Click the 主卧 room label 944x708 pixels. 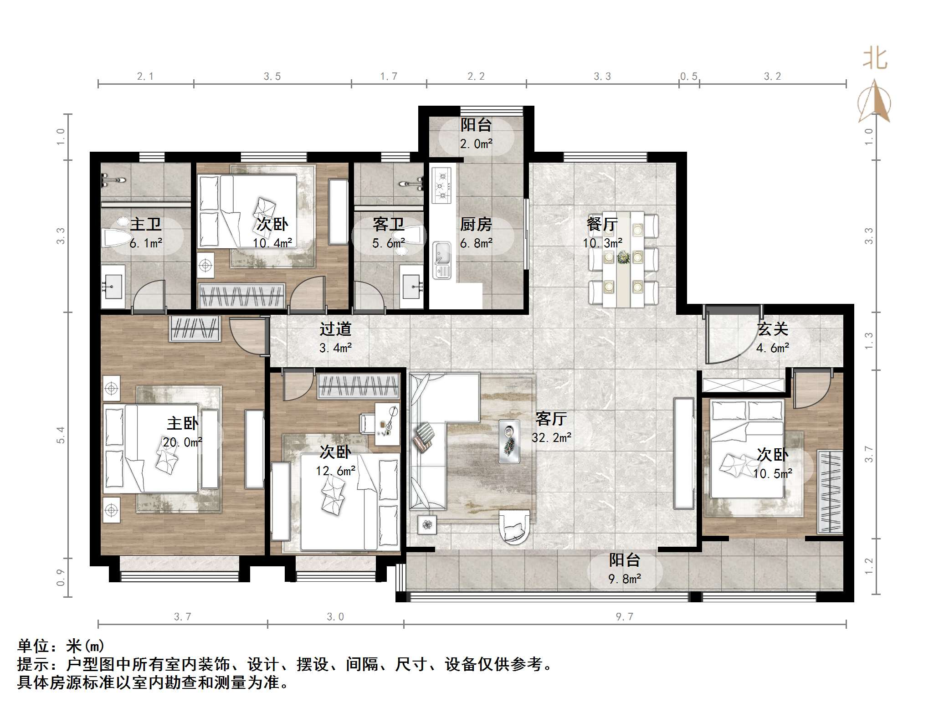pyautogui.click(x=182, y=424)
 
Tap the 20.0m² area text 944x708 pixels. pyautogui.click(x=182, y=442)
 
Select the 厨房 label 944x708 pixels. pyautogui.click(x=476, y=224)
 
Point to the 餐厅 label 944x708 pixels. pyautogui.click(x=602, y=224)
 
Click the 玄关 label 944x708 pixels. pyautogui.click(x=772, y=329)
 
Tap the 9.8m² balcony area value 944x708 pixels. pyautogui.click(x=625, y=579)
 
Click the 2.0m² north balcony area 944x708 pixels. pyautogui.click(x=476, y=144)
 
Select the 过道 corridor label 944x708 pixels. pyautogui.click(x=335, y=329)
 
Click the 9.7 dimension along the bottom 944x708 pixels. pyautogui.click(x=625, y=616)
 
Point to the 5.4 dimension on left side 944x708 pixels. pyautogui.click(x=61, y=435)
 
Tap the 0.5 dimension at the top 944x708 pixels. pyautogui.click(x=689, y=77)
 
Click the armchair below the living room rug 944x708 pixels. pyautogui.click(x=515, y=527)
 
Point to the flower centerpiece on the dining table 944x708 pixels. pyautogui.click(x=623, y=258)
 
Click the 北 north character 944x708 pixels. pyautogui.click(x=875, y=59)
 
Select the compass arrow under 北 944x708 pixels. pyautogui.click(x=875, y=103)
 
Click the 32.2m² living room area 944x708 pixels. pyautogui.click(x=551, y=438)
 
